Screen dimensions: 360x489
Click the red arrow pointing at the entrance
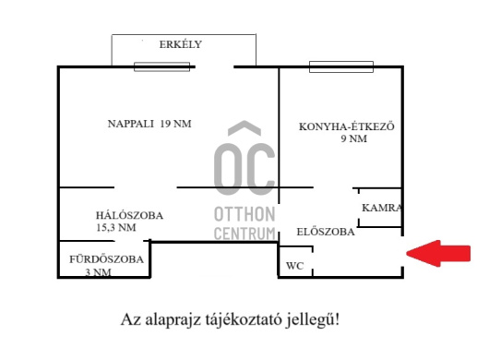[437, 254]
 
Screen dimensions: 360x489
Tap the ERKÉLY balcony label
[180, 44]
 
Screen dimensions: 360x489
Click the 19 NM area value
[175, 124]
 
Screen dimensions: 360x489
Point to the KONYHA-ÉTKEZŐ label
[347, 126]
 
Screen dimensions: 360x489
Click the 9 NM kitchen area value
[354, 139]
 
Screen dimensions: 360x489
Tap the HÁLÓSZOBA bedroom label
[129, 215]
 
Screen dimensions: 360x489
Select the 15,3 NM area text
[116, 227]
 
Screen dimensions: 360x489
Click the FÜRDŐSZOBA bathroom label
[107, 259]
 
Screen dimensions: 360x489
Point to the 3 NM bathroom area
[98, 272]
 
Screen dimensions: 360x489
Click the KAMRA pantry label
[381, 208]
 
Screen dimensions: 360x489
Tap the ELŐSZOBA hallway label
[325, 233]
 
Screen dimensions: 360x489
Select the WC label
[294, 266]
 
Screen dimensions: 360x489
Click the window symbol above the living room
[161, 66]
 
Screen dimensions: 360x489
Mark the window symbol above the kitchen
[340, 66]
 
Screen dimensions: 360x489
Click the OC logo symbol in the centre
[244, 159]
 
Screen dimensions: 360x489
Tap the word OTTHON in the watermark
[244, 214]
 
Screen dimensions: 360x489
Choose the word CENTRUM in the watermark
[244, 234]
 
